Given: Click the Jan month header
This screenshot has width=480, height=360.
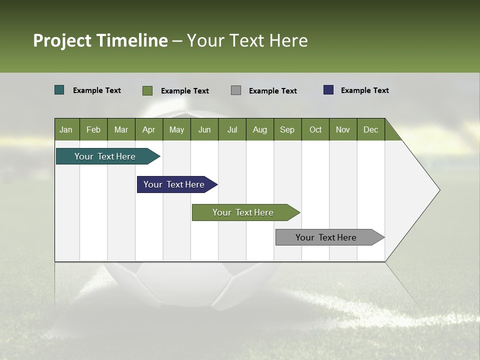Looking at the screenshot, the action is pos(66,129).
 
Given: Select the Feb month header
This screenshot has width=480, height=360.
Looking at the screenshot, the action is pos(93,129).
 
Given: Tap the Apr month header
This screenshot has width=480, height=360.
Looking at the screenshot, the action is pos(149,129).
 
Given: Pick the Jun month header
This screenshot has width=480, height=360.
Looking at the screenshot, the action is pos(204,129).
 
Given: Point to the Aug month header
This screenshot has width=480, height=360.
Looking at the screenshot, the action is pos(260,129).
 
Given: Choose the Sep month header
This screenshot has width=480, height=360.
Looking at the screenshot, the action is pos(287,129).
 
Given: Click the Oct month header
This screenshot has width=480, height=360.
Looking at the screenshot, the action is pos(315,129).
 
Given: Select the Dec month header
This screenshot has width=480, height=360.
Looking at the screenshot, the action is pos(371,129).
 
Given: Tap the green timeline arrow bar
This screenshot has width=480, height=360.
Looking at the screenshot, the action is pos(243,212).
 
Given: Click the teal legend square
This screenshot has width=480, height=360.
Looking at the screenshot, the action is pos(59,90).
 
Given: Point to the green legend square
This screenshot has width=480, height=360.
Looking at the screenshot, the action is pos(147,90).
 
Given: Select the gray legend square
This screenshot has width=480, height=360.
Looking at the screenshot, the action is pos(236,90).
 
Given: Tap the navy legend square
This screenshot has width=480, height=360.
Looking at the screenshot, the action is pos(328,90).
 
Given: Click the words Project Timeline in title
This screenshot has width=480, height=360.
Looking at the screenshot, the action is pos(100,40).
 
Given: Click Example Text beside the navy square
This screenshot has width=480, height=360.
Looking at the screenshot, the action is pos(364,90).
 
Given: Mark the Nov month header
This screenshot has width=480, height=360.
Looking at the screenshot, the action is pos(343,129).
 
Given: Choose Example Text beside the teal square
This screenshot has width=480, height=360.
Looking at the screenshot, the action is pos(97,90).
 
